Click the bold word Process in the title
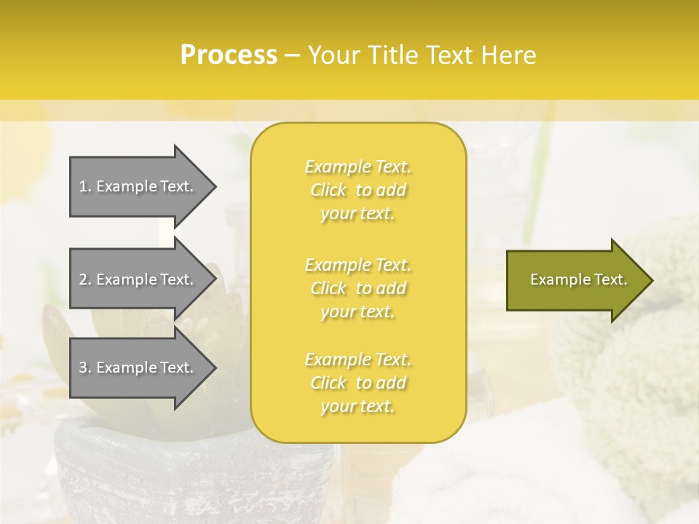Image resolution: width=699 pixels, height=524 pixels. pos(229,55)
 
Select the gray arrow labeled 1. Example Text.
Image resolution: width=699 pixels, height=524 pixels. pos(138,186)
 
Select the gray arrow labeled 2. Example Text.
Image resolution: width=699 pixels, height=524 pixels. pos(138,279)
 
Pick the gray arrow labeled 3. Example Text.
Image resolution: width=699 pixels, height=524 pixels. pos(138,368)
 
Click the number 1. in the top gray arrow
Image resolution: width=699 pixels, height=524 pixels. pos(85,186)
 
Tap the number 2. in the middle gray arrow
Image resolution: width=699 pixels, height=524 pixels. pos(85,279)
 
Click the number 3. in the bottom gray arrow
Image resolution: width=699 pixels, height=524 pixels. pos(85,368)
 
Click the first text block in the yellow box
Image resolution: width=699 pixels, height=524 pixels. pos(358,190)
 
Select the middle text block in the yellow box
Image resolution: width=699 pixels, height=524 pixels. pos(358,288)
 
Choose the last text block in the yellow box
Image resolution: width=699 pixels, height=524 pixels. pos(358,383)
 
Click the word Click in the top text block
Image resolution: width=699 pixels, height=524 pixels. pos(328,190)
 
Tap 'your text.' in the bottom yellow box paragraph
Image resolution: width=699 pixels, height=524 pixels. pos(358,406)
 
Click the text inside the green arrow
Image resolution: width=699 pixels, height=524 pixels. pos(578,279)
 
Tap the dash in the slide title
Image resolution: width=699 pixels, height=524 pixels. pos(292,55)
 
